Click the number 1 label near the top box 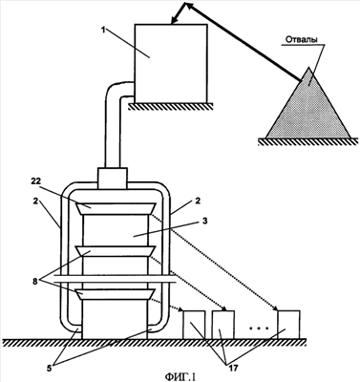click(103, 31)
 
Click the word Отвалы click(301, 40)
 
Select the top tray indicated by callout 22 click(116, 208)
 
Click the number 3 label click(205, 221)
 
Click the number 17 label click(233, 368)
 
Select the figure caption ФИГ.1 click(180, 377)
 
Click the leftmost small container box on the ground click(194, 325)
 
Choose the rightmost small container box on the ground click(288, 325)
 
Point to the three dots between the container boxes click(259, 328)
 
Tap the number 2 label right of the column click(198, 202)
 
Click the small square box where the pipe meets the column click(113, 178)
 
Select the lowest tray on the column click(116, 294)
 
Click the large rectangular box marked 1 click(171, 63)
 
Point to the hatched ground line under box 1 click(171, 106)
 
